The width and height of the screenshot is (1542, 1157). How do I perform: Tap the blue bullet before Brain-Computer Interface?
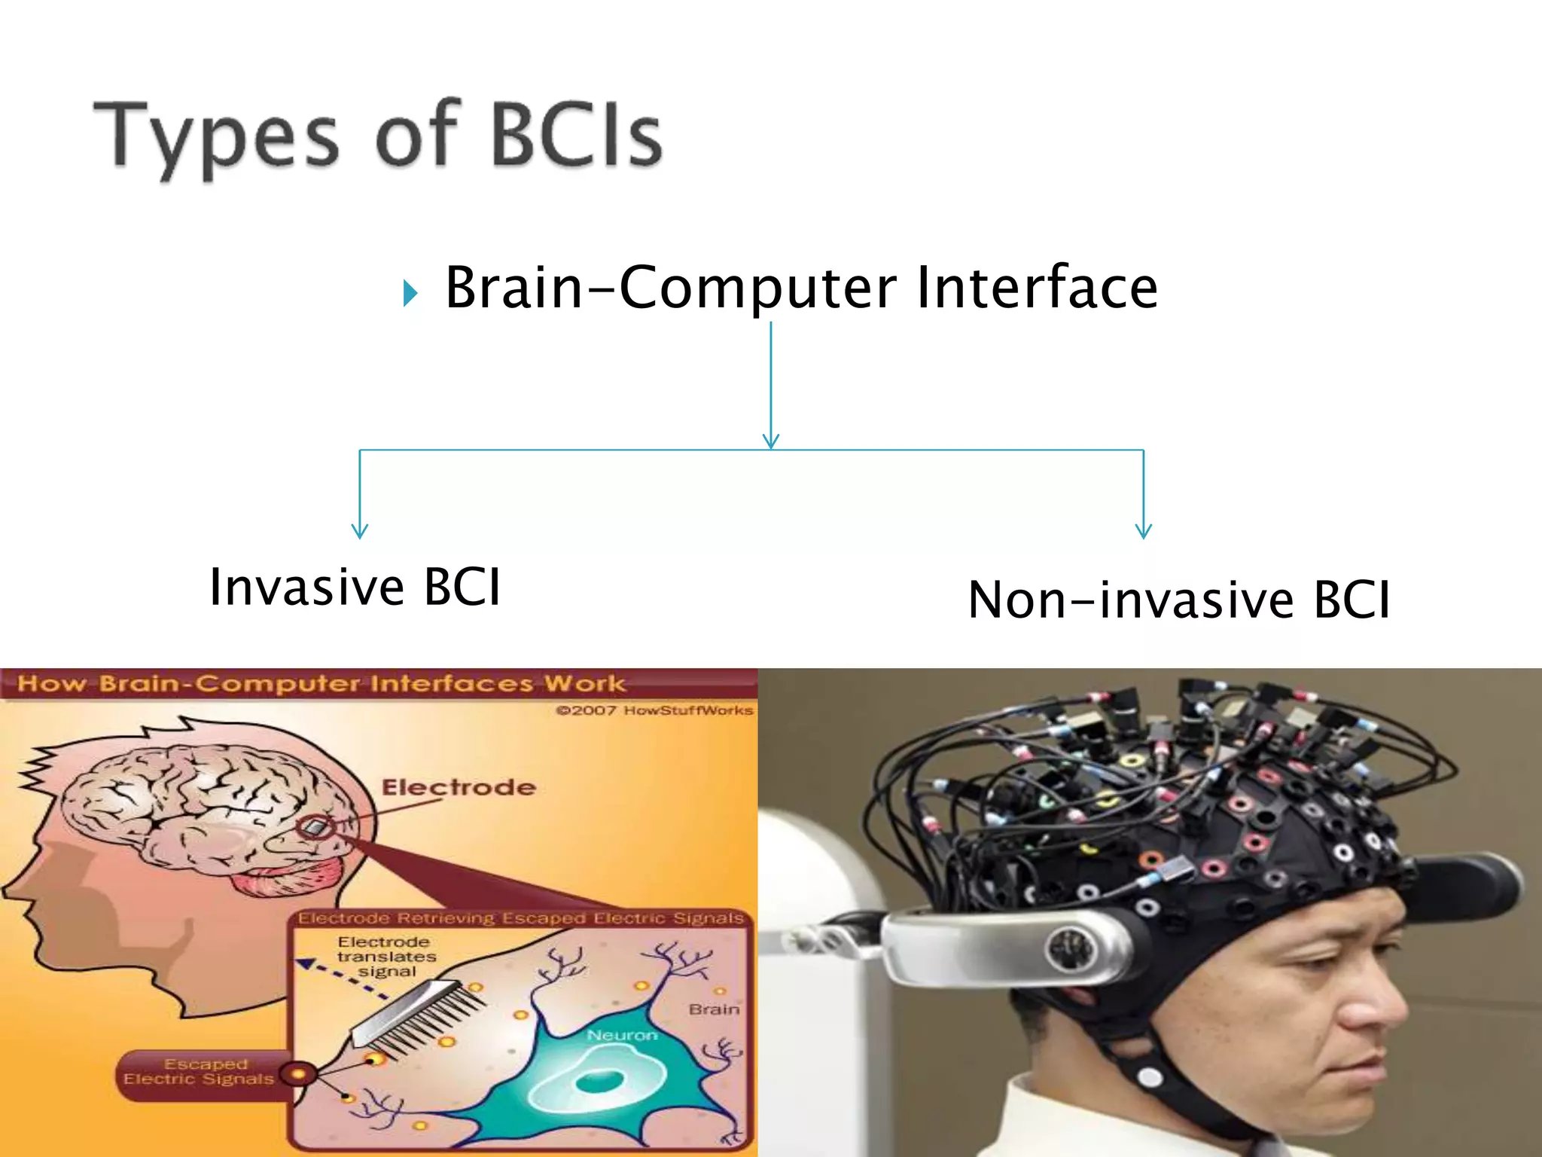point(410,292)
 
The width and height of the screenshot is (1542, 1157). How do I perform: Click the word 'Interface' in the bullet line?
point(1036,288)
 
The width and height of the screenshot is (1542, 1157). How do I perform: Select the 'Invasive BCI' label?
point(355,587)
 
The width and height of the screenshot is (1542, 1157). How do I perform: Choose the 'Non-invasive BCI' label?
point(1178,600)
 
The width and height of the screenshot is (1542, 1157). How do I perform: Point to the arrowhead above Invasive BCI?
point(360,530)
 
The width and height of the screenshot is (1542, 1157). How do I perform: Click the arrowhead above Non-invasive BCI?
point(1143,530)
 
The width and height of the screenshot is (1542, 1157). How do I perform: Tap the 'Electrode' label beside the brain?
point(459,788)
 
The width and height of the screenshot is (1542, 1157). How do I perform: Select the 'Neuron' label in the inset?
point(622,1036)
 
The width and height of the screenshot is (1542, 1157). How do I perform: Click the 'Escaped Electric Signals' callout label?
point(199,1072)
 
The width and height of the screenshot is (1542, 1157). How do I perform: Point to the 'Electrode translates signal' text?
point(385,957)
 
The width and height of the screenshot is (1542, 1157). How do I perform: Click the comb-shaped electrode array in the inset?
point(418,1013)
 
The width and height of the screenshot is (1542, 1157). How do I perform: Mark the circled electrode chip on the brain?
point(315,827)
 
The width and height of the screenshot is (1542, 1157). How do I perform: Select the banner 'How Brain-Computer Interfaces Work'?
point(321,684)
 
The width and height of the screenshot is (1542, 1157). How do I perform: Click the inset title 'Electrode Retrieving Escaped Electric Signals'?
point(520,918)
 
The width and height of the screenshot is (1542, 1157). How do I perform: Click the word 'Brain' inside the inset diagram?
point(714,1009)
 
